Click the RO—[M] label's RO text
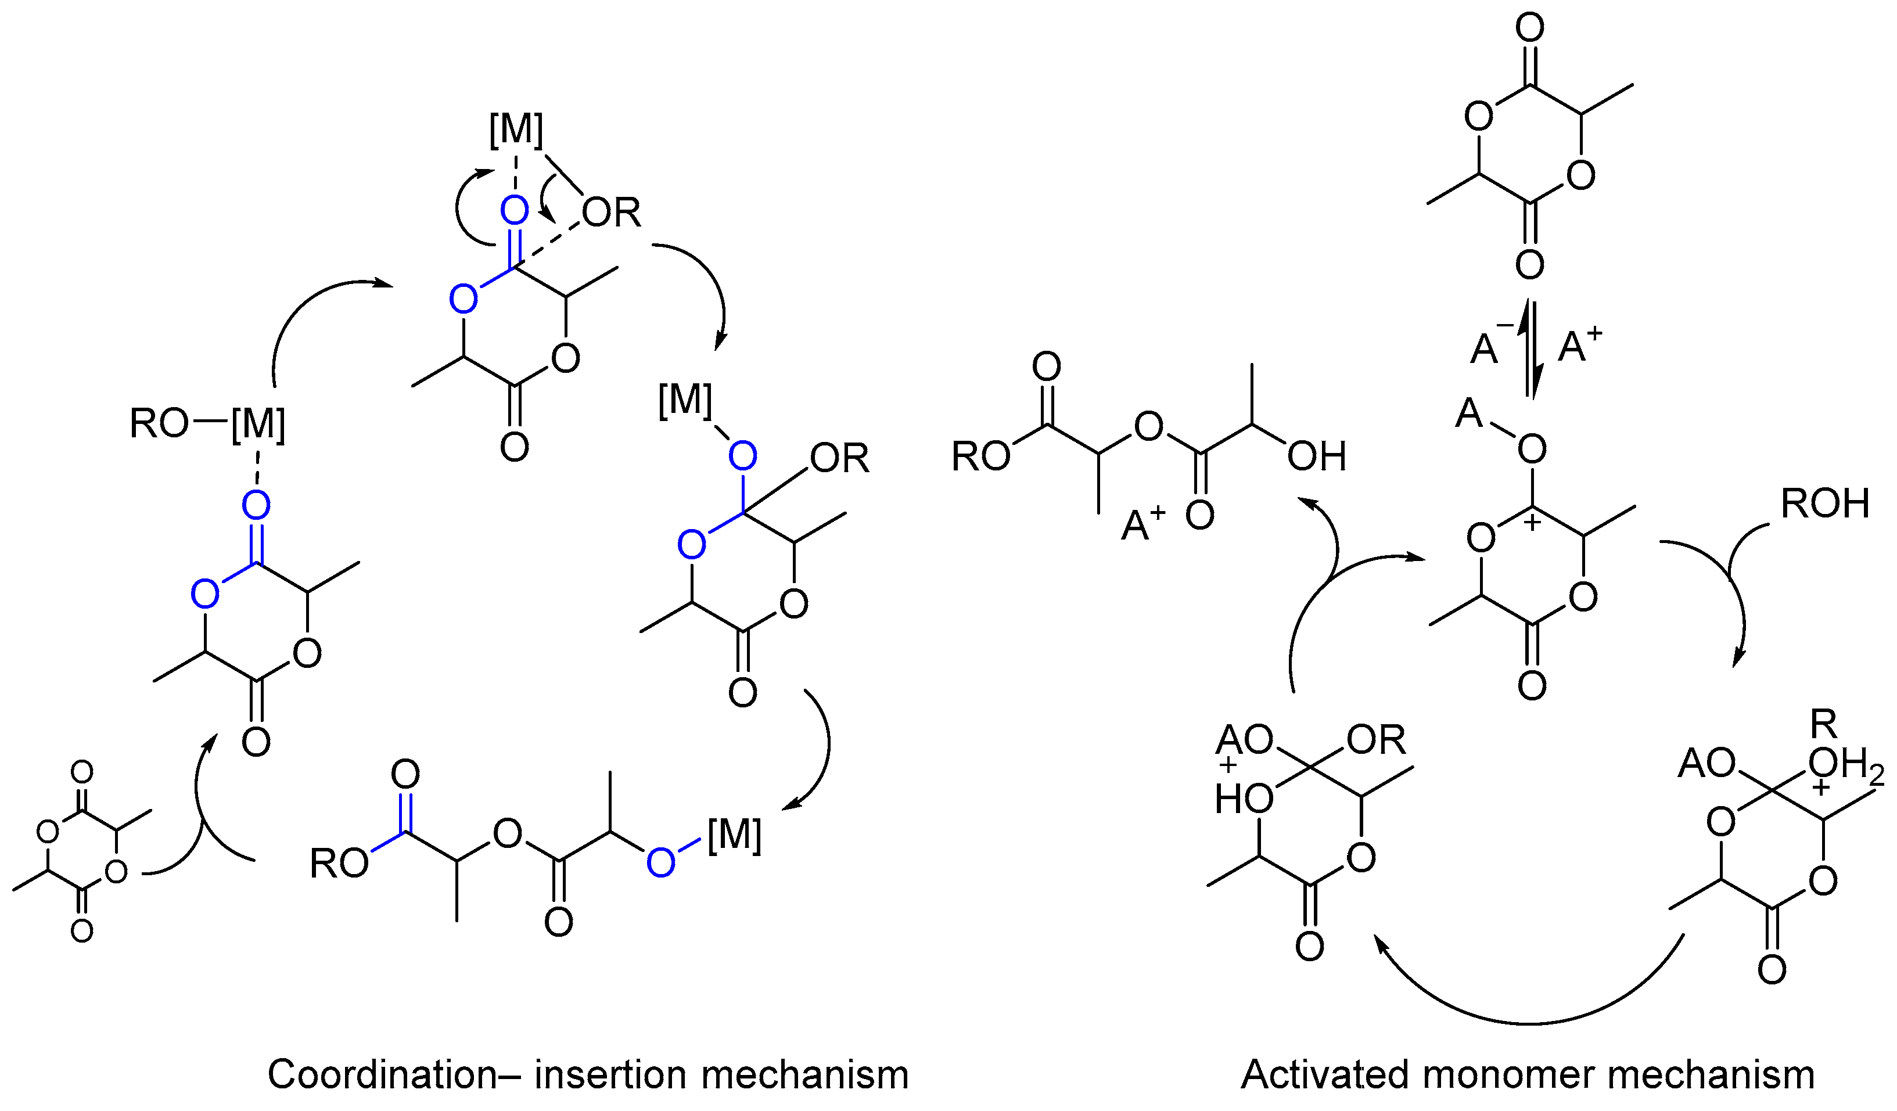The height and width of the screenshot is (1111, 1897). pyautogui.click(x=158, y=424)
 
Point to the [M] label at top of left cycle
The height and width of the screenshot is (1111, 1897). pyautogui.click(x=516, y=129)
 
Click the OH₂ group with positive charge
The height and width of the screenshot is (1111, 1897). pyautogui.click(x=1844, y=765)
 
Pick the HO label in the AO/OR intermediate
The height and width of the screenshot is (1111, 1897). pyautogui.click(x=1244, y=798)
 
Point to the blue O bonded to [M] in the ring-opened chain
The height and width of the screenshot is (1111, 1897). pyautogui.click(x=660, y=862)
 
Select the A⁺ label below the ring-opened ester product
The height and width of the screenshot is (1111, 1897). pyautogui.click(x=1142, y=523)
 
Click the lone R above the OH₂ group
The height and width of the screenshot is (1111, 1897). pyautogui.click(x=1824, y=725)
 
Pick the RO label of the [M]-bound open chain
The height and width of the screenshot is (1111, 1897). pyautogui.click(x=339, y=864)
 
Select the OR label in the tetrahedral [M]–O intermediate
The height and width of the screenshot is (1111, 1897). pyautogui.click(x=839, y=458)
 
